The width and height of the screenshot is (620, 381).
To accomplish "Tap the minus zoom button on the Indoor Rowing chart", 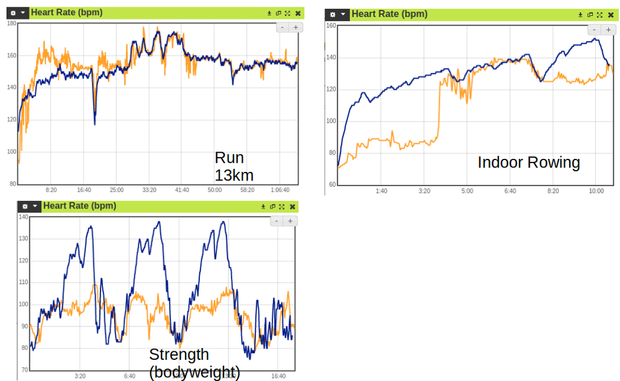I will pos(594,30).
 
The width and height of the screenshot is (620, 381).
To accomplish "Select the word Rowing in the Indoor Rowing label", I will pos(554,163).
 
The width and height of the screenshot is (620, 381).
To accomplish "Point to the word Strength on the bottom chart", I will pos(179,355).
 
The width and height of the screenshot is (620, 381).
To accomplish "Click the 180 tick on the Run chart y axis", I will pos(11,24).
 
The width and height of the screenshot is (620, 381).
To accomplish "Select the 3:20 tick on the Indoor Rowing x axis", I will pos(425,191).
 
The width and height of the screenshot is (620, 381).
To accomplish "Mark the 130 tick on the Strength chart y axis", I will pos(24,239).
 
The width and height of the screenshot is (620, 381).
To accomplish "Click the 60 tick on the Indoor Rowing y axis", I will pos(331,185).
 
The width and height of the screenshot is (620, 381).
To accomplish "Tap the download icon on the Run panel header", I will pos(269,12).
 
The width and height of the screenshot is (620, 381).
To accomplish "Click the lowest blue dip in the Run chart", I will pos(94,124).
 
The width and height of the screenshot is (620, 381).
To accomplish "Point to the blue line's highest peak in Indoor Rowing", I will pos(595,39).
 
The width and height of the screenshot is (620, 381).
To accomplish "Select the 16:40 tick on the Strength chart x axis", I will pos(278,376).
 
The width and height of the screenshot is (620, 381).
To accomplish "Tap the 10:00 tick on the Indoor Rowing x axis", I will pos(596,191).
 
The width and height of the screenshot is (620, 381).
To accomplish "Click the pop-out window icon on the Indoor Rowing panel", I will pos(590,14).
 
